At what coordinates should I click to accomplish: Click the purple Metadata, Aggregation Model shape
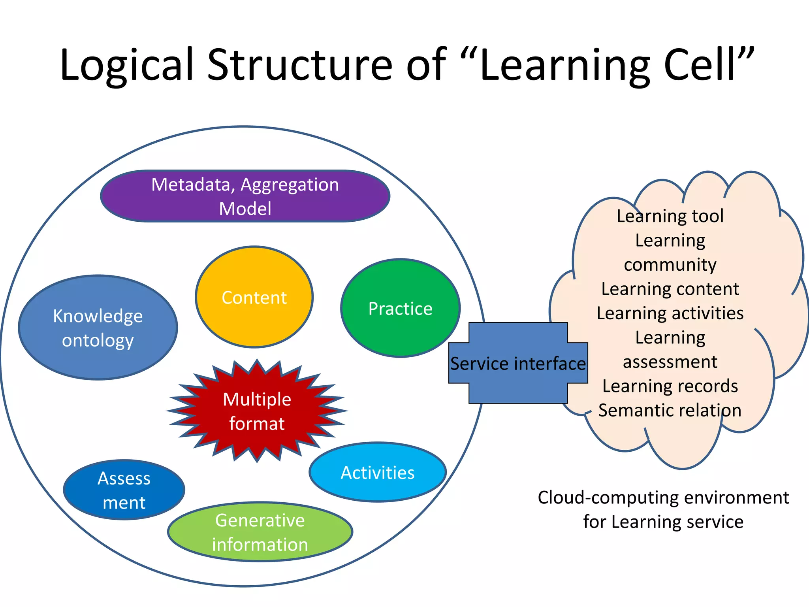[x=245, y=196]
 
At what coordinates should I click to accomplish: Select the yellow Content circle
[x=254, y=297]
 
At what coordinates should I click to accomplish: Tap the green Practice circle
[x=400, y=308]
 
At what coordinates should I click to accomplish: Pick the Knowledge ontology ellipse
[x=98, y=328]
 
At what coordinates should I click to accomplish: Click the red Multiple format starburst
[x=257, y=411]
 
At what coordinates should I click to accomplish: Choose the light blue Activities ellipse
[x=378, y=473]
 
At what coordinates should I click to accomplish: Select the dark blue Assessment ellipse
[x=124, y=490]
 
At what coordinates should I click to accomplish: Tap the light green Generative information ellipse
[x=260, y=532]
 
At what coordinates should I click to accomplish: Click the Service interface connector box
[x=518, y=363]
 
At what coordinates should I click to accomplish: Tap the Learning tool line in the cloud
[x=670, y=216]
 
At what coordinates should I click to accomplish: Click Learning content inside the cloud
[x=670, y=289]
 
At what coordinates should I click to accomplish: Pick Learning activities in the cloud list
[x=670, y=313]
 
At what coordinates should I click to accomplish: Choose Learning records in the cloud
[x=670, y=386]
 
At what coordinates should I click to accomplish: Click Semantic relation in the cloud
[x=670, y=410]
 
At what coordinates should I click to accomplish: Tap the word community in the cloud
[x=670, y=265]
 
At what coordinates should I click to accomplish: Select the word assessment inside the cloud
[x=670, y=362]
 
